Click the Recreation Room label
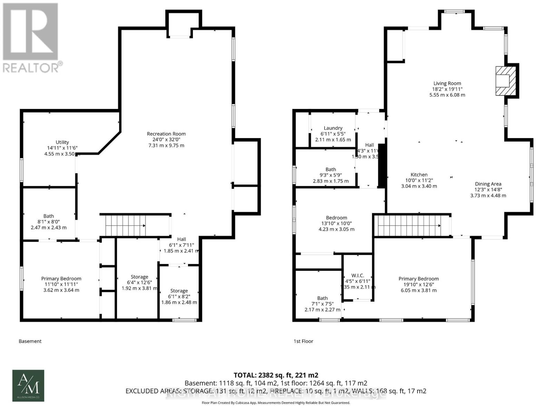(x=166, y=134)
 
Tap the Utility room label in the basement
(x=62, y=142)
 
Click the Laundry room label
(x=333, y=128)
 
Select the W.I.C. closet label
(x=357, y=275)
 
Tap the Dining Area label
(x=488, y=184)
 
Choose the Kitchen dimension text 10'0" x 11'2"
(x=419, y=180)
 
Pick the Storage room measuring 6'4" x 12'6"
(x=139, y=282)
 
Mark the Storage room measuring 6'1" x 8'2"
(x=179, y=296)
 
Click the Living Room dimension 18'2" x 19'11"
(x=447, y=89)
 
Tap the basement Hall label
(x=181, y=239)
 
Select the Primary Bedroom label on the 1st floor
(x=418, y=279)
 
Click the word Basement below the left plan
(x=30, y=341)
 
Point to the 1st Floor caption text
(x=303, y=341)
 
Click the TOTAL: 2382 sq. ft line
(x=276, y=375)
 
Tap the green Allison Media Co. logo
(x=28, y=385)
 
